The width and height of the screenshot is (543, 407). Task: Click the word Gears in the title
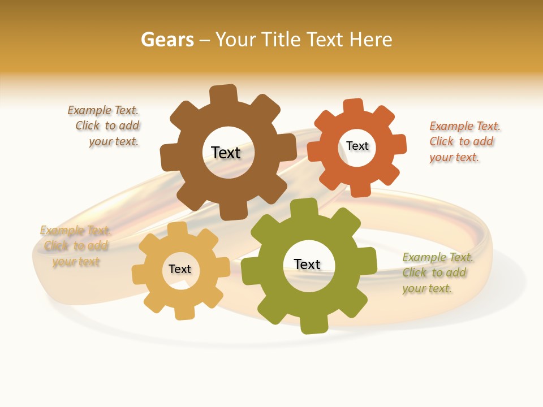[x=167, y=40]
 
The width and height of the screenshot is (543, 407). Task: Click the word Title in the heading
[x=282, y=40]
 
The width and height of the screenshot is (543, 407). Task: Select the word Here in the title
[x=370, y=40]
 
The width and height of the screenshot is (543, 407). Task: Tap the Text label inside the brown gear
[x=226, y=153]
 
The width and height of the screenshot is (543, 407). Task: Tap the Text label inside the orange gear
[x=357, y=146]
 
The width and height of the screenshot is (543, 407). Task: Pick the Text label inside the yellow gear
[x=180, y=269]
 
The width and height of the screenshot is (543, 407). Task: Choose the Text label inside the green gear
[x=307, y=264]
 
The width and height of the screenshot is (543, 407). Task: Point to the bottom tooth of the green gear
[x=313, y=324]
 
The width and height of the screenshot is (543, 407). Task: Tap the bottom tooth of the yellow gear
[x=184, y=312]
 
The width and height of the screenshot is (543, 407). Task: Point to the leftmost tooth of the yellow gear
[x=139, y=275]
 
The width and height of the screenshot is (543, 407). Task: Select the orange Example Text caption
[x=464, y=141]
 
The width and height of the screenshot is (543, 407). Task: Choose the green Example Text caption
[x=437, y=272]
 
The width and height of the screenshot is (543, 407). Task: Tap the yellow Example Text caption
[x=75, y=246]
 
